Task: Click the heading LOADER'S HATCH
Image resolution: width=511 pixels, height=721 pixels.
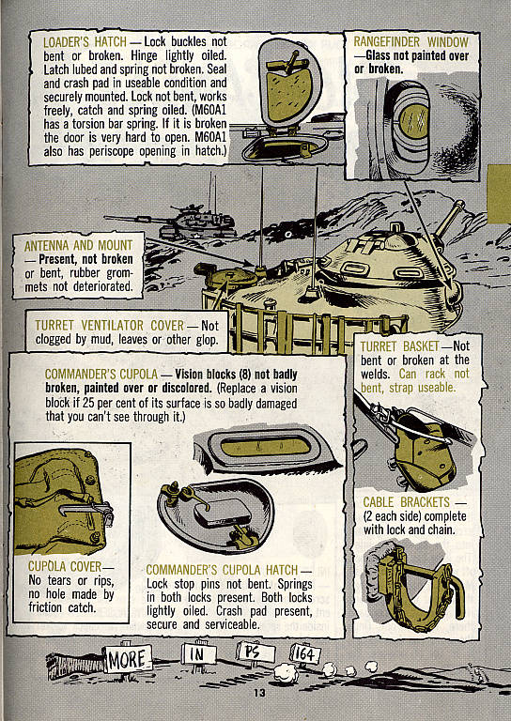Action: tap(85, 42)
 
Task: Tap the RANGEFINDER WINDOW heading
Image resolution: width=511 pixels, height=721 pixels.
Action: tap(410, 42)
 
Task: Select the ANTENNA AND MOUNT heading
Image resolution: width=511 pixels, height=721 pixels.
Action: tap(78, 246)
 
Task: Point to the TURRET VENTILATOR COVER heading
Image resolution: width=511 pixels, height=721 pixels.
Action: tap(110, 326)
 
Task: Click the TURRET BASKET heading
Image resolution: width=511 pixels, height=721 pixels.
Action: tap(399, 346)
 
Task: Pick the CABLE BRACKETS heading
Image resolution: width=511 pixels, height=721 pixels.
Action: tap(406, 502)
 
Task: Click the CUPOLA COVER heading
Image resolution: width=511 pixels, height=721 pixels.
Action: tap(65, 566)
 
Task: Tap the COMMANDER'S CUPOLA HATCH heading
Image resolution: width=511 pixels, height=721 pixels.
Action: tap(223, 570)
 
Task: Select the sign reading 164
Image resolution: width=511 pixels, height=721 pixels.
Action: tap(305, 654)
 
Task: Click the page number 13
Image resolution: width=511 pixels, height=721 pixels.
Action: tap(259, 693)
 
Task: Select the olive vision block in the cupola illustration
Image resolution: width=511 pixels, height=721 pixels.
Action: tap(267, 446)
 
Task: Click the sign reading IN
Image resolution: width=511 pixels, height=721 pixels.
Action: tap(198, 653)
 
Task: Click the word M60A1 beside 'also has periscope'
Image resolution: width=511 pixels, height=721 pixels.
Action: tap(210, 137)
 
